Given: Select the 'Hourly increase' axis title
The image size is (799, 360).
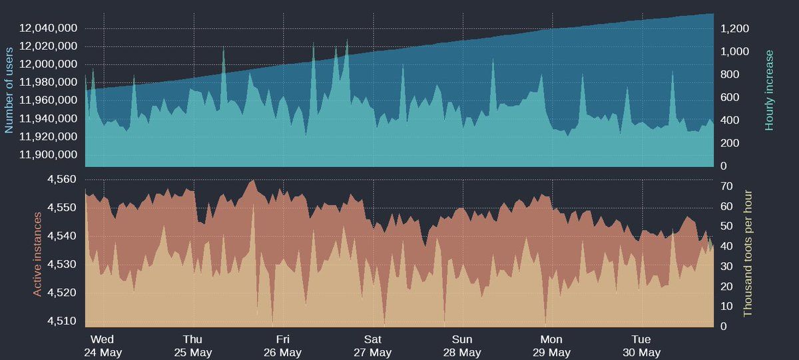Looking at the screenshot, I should click(x=770, y=90).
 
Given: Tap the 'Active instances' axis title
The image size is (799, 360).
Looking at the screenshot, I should click(x=37, y=254).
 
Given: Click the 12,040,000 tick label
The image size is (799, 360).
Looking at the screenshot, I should click(x=49, y=28).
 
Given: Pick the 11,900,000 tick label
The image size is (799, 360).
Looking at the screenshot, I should click(x=49, y=155).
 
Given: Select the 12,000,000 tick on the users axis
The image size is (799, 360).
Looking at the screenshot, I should click(x=49, y=65).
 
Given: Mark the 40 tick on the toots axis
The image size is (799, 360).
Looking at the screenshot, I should click(x=727, y=246).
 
